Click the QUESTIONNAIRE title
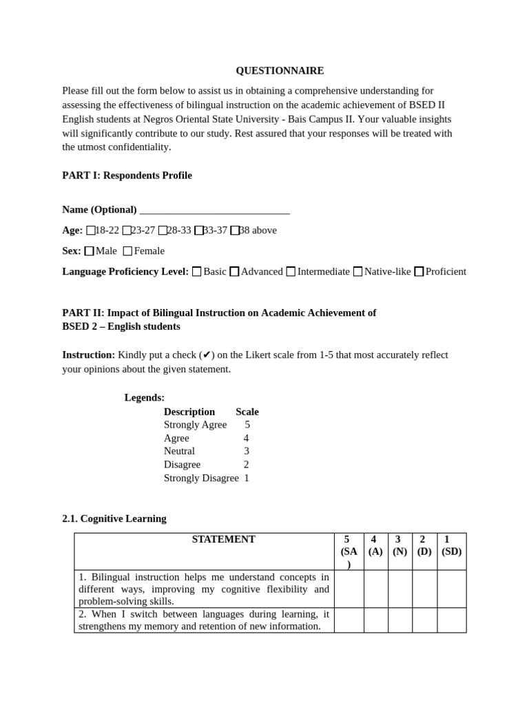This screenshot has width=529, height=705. pos(280,70)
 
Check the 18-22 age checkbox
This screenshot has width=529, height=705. pos(91,231)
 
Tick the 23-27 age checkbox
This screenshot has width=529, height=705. pos(127,231)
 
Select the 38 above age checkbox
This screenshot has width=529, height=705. pos(235,231)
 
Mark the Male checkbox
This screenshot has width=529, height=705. pos(89,251)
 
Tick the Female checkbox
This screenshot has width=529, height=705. pos(127,251)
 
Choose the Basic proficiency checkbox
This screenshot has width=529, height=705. pos(197,272)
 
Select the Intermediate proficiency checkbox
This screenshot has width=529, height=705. pos(291,272)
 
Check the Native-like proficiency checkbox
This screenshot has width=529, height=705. pos(357,272)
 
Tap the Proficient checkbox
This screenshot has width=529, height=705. pos(419,272)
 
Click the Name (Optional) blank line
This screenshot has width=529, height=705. pos(214,210)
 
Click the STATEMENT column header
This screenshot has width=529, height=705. pos(223,540)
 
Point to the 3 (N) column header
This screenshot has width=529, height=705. pos(400,545)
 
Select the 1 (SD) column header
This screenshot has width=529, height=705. pos(451,545)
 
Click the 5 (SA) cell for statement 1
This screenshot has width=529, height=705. pos(349,589)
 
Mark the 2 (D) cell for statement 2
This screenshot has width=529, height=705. pos(424,620)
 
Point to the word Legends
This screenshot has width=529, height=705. pos(144,398)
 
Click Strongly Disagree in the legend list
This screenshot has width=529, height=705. pos(201,478)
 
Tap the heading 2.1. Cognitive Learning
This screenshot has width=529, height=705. pos(114,518)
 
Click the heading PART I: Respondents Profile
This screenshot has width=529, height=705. pos(127,176)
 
